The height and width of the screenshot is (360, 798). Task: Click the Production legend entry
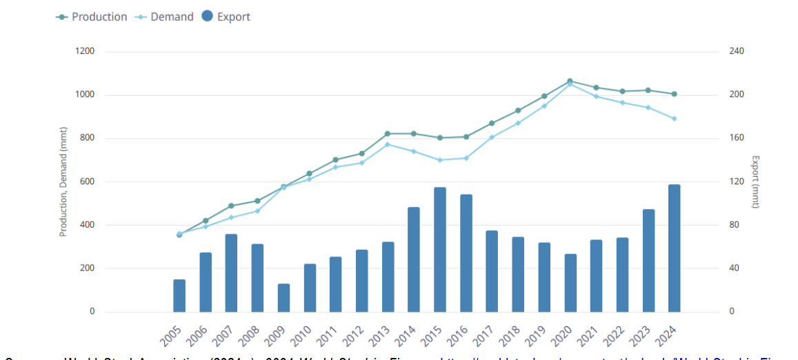click(92, 17)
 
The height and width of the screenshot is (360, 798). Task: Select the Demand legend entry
click(165, 17)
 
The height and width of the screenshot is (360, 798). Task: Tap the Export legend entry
click(227, 17)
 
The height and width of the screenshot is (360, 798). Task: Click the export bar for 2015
click(440, 250)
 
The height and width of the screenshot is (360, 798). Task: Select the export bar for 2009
click(283, 298)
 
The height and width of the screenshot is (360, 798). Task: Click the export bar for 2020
click(570, 283)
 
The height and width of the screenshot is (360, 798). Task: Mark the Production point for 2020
click(570, 81)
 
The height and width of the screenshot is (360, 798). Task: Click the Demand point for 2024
click(674, 119)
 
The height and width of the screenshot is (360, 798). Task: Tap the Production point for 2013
click(388, 134)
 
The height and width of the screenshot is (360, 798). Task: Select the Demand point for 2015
click(440, 160)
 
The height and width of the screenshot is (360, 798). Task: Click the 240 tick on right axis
click(737, 52)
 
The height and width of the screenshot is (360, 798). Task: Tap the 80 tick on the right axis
click(735, 225)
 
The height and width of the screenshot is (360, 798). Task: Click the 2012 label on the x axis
click(353, 335)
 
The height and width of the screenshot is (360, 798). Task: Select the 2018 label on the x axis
click(509, 335)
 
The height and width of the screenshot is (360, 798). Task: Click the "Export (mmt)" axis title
click(755, 182)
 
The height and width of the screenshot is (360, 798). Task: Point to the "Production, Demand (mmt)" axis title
click(63, 182)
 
